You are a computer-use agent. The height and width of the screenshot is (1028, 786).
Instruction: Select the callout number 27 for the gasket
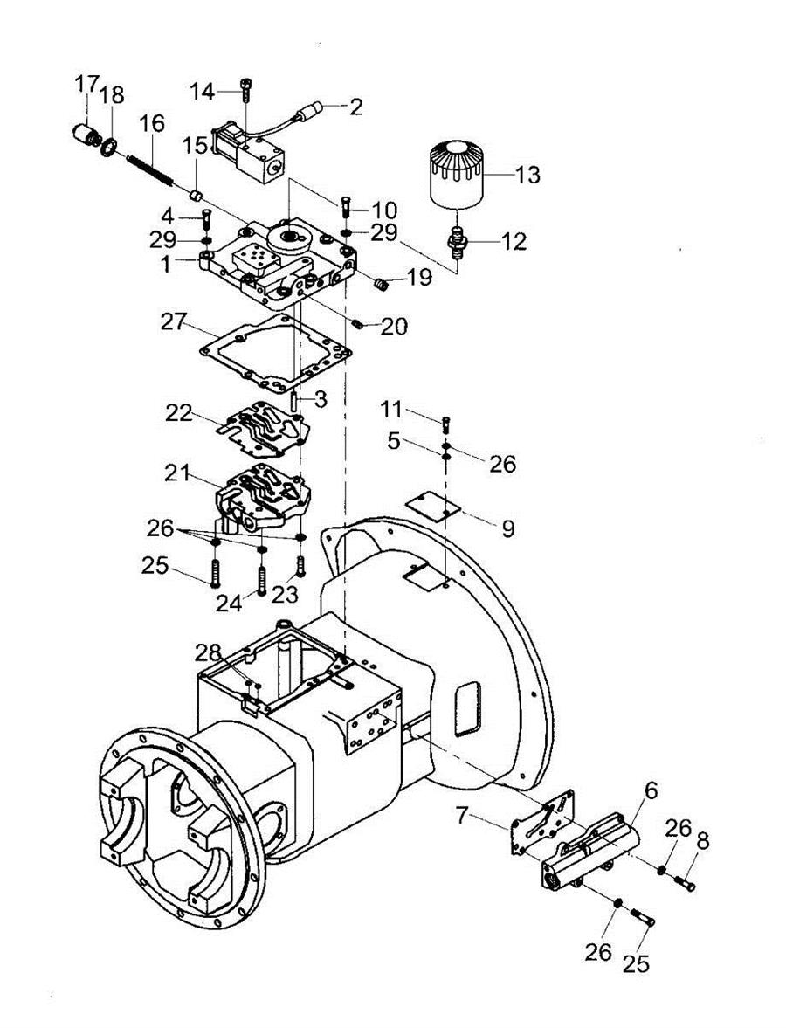coord(175,322)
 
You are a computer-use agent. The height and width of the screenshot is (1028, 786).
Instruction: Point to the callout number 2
coord(356,107)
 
